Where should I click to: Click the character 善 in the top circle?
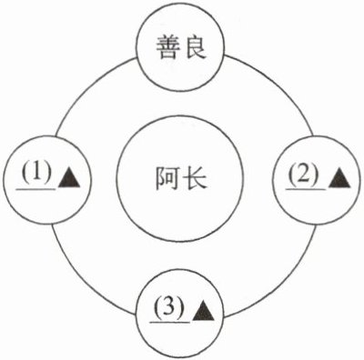point(167,47)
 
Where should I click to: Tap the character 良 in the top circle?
point(195,47)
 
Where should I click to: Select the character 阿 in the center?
point(167,178)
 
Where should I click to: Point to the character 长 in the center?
point(196,178)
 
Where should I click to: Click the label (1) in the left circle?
point(36,175)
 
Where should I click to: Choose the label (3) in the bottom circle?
point(169,308)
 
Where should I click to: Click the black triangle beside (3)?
point(203,311)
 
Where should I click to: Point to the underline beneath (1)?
point(36,188)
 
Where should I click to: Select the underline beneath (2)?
point(306,188)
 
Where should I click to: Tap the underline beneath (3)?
point(170,322)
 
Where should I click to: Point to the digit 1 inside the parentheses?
point(36,174)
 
